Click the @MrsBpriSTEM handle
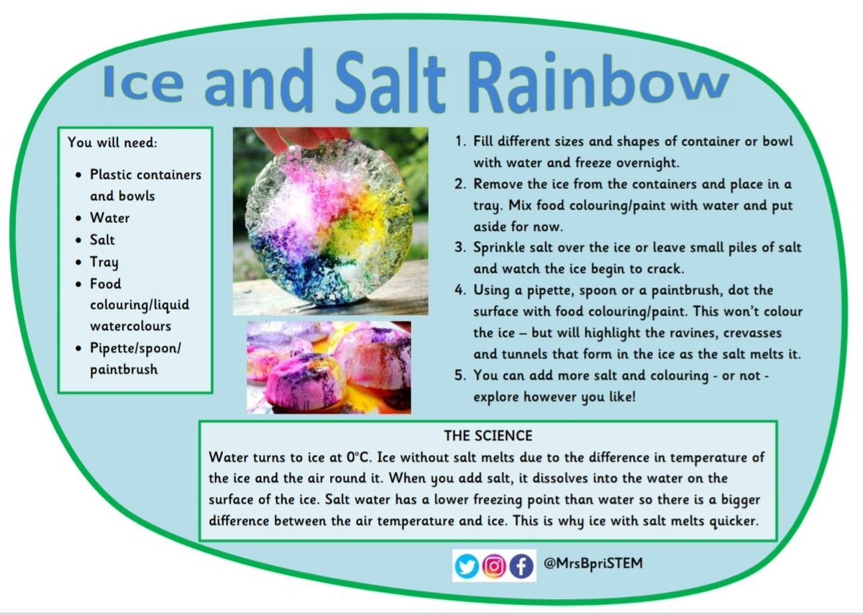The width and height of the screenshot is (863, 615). click(593, 565)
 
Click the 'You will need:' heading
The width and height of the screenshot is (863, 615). click(111, 142)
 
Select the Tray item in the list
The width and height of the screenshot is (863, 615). click(104, 262)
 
